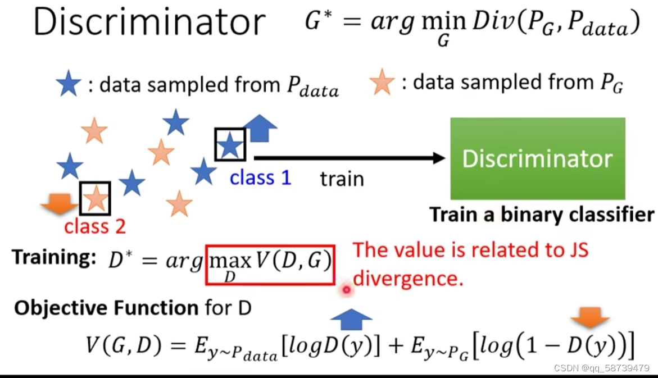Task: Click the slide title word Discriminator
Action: pyautogui.click(x=149, y=22)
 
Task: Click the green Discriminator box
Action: pyautogui.click(x=537, y=158)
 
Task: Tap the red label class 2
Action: pyautogui.click(x=95, y=226)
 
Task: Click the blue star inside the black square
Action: pyautogui.click(x=230, y=145)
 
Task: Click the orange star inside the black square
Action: pyautogui.click(x=95, y=198)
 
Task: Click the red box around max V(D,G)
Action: pyautogui.click(x=270, y=264)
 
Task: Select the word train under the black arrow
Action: pyautogui.click(x=342, y=179)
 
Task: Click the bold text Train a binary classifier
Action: pyautogui.click(x=542, y=215)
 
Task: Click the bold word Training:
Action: pyautogui.click(x=51, y=257)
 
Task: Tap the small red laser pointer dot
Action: pyautogui.click(x=347, y=290)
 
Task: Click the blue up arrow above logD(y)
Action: pyautogui.click(x=351, y=320)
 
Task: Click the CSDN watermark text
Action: pyautogui.click(x=601, y=368)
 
